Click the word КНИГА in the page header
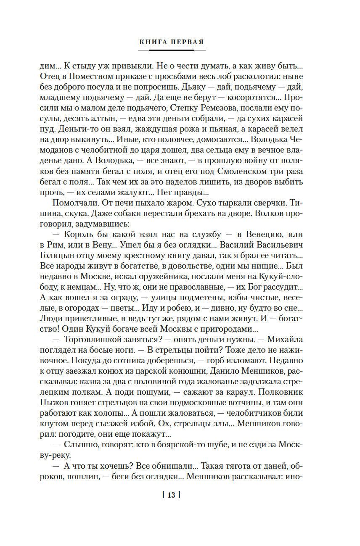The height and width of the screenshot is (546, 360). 153,42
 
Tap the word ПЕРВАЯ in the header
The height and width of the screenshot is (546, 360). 187,42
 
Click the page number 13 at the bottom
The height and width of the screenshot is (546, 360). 171,495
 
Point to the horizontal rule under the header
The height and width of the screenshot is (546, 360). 171,50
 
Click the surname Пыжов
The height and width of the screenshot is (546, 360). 53,403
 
